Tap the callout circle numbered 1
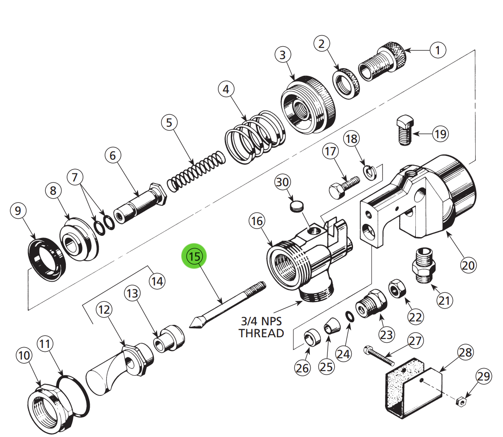point(437,50)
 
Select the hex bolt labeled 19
point(404,130)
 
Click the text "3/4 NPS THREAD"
point(261,327)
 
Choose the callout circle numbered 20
point(468,265)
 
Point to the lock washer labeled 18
point(369,172)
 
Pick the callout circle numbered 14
point(157,281)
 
